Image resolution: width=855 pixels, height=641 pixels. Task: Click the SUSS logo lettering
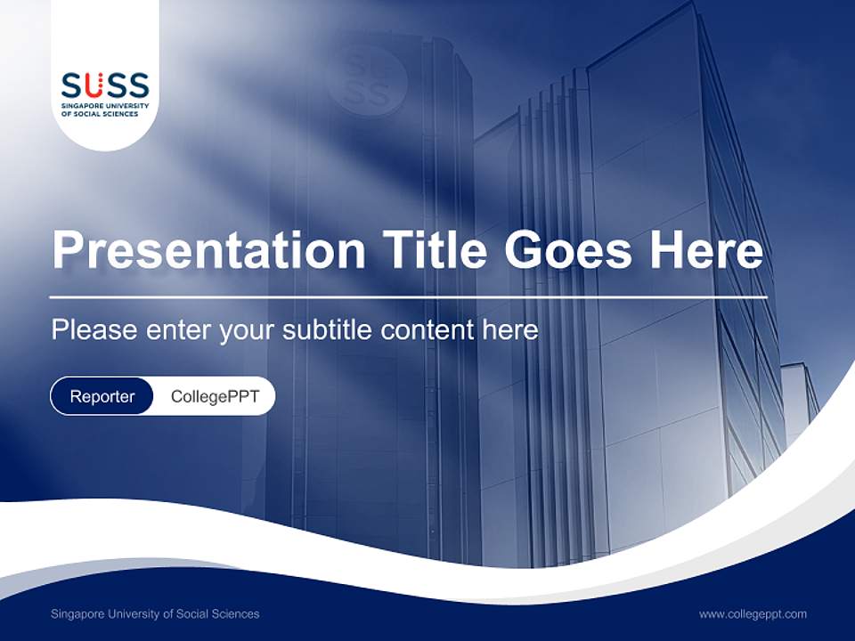tap(105, 86)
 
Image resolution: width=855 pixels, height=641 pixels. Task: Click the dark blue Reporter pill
tap(102, 396)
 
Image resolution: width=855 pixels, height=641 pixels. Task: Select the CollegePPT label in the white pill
tap(215, 396)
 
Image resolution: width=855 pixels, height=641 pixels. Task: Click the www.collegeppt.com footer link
tap(753, 613)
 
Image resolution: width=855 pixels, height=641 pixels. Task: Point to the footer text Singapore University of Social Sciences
tap(155, 613)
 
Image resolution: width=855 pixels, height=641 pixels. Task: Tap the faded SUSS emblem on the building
tap(366, 79)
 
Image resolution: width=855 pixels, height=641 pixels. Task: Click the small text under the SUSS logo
tap(105, 110)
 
